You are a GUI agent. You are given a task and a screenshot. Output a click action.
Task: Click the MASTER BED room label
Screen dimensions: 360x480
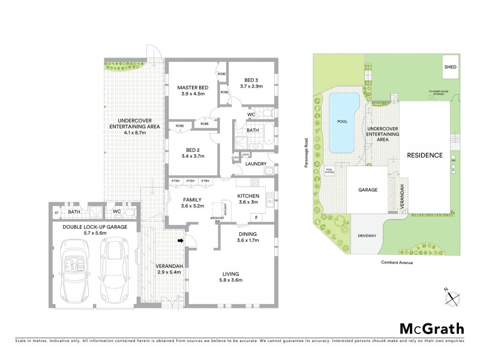tap(191, 88)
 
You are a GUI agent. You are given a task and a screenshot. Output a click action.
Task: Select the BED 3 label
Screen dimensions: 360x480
tap(252, 81)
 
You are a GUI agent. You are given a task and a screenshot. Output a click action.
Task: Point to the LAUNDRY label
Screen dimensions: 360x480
tap(256, 163)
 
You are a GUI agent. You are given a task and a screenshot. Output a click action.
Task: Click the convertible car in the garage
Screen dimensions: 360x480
tap(76, 269)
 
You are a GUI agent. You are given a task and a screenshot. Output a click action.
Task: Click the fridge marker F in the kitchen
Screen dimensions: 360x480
tap(257, 217)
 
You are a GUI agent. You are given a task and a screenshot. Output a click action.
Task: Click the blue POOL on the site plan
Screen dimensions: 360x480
tap(344, 122)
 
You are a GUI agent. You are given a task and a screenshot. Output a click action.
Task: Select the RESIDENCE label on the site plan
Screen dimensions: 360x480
tap(425, 155)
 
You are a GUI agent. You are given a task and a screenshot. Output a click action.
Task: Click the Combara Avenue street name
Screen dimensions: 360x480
tap(396, 262)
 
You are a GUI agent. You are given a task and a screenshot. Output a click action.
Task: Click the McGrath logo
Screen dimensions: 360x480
tap(432, 328)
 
